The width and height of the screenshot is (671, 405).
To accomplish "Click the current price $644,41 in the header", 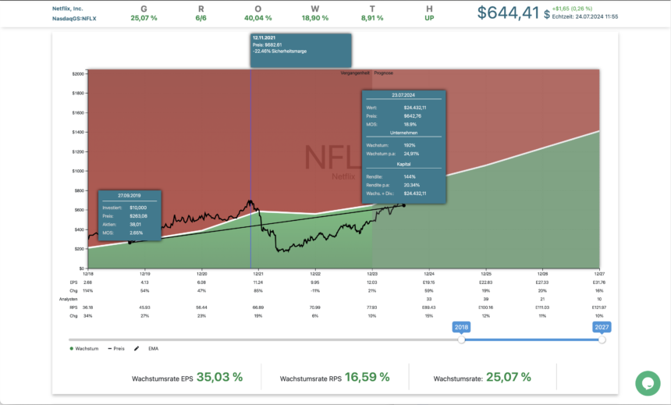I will coord(508,12).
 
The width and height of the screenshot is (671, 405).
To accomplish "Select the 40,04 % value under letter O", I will coord(258,17).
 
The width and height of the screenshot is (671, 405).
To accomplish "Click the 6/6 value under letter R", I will coord(201,17).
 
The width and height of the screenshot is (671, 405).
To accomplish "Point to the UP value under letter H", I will coord(429,17).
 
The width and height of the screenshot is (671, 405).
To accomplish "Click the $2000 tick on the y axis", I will coord(78,73).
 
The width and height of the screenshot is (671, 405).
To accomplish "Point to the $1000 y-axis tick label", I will coord(78,171).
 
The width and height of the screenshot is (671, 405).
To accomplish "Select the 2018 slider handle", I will coord(461,339).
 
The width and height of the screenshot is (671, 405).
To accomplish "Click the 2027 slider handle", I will coord(602,339).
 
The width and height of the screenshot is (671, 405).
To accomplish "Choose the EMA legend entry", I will coord(154,348).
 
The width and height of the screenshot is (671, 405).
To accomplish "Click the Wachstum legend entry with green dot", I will coord(86,348).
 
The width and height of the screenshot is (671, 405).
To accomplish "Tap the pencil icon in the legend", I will coord(137,348).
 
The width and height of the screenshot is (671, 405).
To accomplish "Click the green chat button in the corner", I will coord(648,382).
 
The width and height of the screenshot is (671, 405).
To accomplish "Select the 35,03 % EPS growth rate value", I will coord(219,378).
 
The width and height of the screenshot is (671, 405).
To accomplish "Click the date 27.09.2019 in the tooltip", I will coord(130,195).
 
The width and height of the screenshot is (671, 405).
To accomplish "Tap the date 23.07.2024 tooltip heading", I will coord(403,94).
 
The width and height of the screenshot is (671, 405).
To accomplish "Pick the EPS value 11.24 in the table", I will coord(258,282).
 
